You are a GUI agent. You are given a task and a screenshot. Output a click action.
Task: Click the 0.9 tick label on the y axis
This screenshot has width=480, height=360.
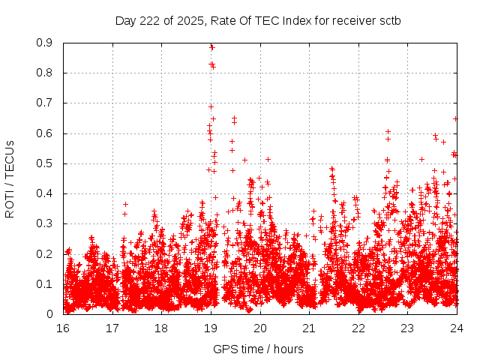pos(45,43)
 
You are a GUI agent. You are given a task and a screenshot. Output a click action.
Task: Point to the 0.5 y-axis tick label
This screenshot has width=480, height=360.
pos(45,163)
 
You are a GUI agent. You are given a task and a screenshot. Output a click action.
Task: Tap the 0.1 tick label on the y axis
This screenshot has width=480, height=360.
pos(45,284)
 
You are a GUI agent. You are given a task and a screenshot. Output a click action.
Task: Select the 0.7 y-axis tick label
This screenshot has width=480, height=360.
pos(45,103)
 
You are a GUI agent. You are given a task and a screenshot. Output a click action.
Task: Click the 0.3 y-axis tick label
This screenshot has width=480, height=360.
pos(45,223)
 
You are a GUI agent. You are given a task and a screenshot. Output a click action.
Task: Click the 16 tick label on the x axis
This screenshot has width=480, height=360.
pos(63,328)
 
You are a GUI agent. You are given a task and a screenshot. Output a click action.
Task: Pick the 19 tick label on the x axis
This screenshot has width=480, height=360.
pos(211,328)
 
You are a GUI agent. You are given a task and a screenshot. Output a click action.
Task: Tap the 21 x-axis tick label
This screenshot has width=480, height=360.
pos(309,328)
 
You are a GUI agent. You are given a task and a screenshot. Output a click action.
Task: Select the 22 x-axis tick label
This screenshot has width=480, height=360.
pos(358,328)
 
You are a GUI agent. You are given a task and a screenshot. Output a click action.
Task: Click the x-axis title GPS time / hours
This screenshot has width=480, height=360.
pos(259,349)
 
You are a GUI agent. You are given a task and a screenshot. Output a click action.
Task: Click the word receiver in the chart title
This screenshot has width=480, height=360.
pos(351,20)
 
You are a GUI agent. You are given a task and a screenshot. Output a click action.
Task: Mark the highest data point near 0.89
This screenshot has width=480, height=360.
pos(211,47)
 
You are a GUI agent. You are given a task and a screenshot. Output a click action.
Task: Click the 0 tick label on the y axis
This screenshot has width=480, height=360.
pos(49,314)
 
